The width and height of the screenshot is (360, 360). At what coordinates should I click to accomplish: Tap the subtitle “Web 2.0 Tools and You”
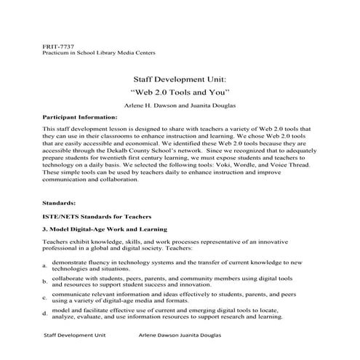[x=180, y=93]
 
